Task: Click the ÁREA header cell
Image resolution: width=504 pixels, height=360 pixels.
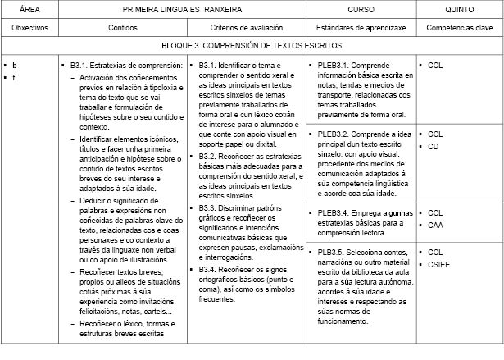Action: (x=27, y=8)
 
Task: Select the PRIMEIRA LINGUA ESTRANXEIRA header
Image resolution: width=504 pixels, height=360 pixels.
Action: (x=182, y=8)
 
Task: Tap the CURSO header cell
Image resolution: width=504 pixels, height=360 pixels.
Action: (x=361, y=8)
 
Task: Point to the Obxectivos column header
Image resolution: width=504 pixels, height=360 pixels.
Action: (x=27, y=27)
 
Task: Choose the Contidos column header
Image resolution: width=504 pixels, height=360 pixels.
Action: (x=123, y=27)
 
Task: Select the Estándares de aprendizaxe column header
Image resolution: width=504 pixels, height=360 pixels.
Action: (x=361, y=27)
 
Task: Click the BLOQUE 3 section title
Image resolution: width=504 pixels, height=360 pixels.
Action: (x=252, y=47)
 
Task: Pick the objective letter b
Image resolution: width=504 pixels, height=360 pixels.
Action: (x=15, y=65)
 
